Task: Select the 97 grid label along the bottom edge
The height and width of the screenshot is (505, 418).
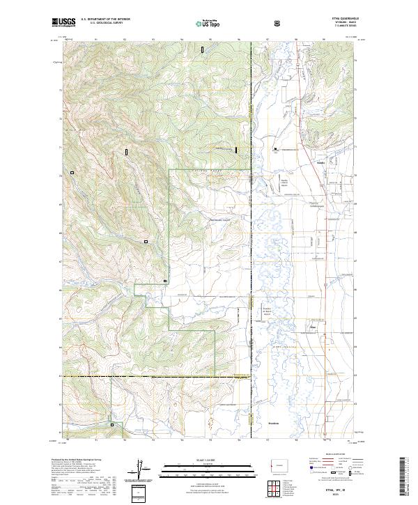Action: click(268, 440)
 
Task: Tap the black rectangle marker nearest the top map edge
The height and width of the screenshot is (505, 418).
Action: click(202, 50)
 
